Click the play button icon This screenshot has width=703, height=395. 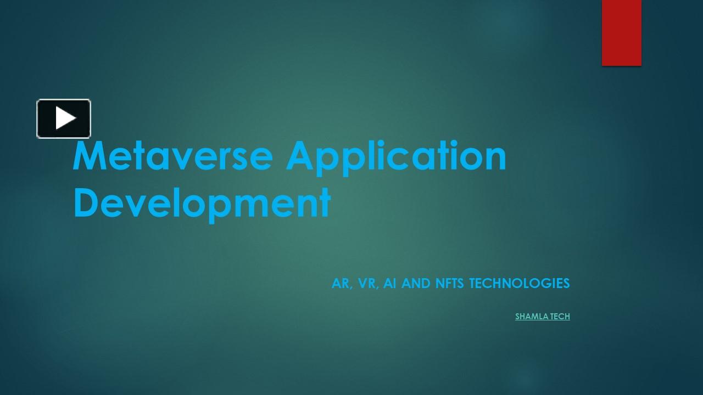pyautogui.click(x=64, y=119)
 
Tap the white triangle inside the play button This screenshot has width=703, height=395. pyautogui.click(x=65, y=119)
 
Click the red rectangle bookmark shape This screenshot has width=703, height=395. pyautogui.click(x=621, y=32)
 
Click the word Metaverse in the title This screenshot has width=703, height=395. pyautogui.click(x=172, y=156)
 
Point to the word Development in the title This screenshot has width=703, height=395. pyautogui.click(x=202, y=203)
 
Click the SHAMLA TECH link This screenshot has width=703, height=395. pyautogui.click(x=542, y=317)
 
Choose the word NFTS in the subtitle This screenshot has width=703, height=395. pyautogui.click(x=449, y=284)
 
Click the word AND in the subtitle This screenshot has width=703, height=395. pyautogui.click(x=415, y=284)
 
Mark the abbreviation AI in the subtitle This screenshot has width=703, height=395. pyautogui.click(x=390, y=284)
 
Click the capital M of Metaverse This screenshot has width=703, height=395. pyautogui.click(x=89, y=156)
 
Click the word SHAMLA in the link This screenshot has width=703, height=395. pyautogui.click(x=528, y=317)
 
